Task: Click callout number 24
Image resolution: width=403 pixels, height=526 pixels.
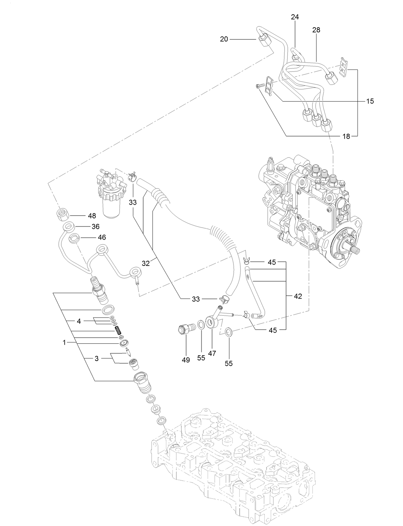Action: point(295,17)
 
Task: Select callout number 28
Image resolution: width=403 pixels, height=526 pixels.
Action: point(316,30)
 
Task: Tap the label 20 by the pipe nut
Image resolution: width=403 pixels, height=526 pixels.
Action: point(224,39)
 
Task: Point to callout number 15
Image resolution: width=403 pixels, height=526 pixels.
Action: point(370,101)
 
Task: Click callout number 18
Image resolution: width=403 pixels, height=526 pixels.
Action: point(346,136)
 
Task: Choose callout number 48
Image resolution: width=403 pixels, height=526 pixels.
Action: point(92,216)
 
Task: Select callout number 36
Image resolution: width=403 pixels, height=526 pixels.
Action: point(95,226)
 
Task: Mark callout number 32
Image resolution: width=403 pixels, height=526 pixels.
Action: point(146,263)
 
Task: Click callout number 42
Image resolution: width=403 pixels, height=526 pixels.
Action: point(298,296)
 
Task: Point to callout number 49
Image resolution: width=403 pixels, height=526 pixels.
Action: point(186,360)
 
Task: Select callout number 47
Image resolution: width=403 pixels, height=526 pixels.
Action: point(212,353)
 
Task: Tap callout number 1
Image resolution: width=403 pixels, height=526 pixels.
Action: point(64,342)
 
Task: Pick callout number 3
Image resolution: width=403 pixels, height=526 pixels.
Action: point(97,358)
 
